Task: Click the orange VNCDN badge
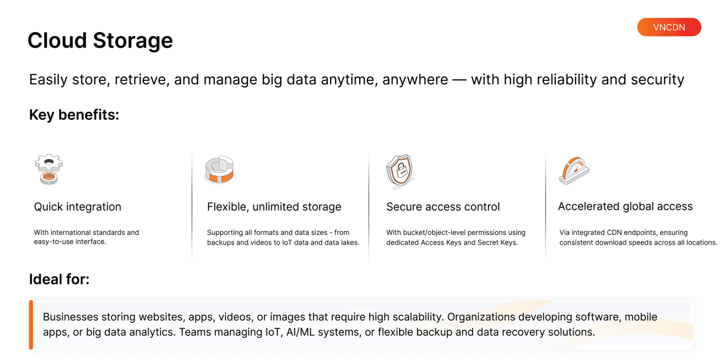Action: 669,27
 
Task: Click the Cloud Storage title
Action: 100,41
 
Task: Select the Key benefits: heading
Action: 75,115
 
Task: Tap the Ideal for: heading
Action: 59,280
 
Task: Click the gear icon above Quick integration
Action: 49,169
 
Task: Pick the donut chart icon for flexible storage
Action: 219,169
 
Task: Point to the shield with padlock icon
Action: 400,171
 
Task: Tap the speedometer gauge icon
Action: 574,170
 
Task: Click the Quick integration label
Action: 78,207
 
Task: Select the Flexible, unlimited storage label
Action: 274,207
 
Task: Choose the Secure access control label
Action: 443,207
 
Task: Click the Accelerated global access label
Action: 626,206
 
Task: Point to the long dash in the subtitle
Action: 460,80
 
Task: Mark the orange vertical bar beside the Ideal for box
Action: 31,325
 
